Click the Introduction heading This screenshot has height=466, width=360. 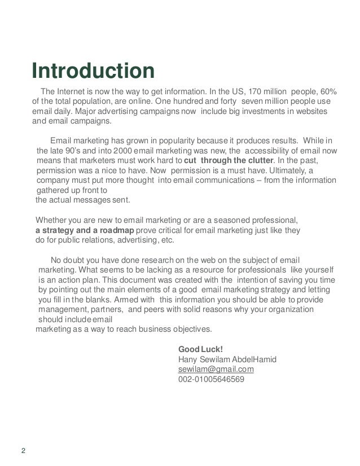93,72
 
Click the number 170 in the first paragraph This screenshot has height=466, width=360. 254,92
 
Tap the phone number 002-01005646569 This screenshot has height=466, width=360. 211,379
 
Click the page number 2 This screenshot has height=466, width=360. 23,450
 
